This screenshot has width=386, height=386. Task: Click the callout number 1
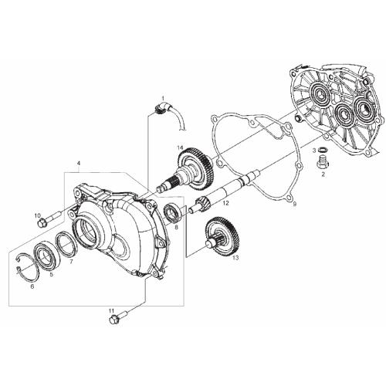click(163, 98)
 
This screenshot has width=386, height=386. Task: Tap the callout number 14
click(180, 147)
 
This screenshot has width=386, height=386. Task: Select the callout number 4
click(79, 163)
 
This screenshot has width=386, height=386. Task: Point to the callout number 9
click(295, 204)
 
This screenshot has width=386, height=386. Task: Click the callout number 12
click(225, 203)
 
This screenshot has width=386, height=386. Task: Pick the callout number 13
click(235, 258)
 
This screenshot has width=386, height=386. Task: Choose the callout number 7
click(71, 262)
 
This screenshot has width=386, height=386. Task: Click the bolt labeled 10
click(48, 218)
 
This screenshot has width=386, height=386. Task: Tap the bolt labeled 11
click(118, 317)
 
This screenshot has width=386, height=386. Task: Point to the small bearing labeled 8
click(173, 213)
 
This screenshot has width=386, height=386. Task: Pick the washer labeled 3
click(321, 150)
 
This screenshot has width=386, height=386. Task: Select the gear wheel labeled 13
click(223, 236)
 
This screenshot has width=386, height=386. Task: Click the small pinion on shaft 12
click(203, 204)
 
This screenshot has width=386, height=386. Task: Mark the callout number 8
click(176, 228)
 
